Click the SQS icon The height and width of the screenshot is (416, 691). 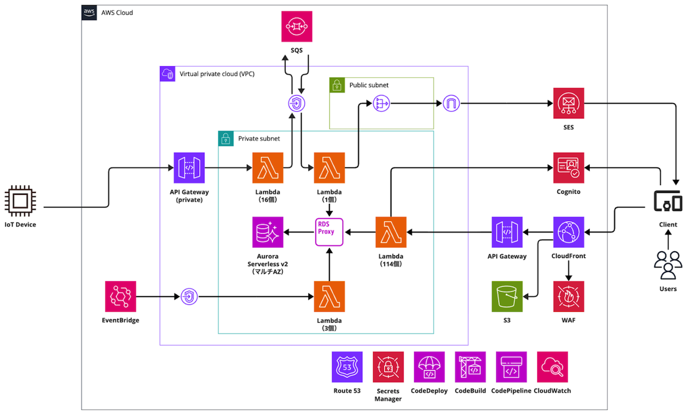[x=297, y=27]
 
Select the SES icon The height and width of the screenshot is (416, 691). [x=568, y=104]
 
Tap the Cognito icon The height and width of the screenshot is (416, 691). [x=568, y=168]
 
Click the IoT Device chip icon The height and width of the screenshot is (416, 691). [x=20, y=201]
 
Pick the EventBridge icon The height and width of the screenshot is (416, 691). [x=120, y=296]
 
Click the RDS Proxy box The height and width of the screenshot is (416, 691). [x=329, y=232]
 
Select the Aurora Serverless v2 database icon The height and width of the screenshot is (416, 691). [x=268, y=232]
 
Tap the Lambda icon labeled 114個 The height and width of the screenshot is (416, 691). [x=391, y=232]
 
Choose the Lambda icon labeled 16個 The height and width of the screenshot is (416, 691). [x=268, y=168]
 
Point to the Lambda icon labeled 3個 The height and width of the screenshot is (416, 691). [x=329, y=296]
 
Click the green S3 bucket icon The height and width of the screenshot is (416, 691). [x=507, y=296]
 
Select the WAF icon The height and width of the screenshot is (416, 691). [x=568, y=296]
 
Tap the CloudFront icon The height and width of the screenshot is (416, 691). [x=568, y=232]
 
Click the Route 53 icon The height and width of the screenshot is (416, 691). [x=347, y=367]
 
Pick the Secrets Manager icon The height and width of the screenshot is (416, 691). [x=388, y=367]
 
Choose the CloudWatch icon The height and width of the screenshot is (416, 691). [x=552, y=367]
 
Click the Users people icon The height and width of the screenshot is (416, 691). [x=668, y=266]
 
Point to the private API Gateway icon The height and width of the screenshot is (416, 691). [x=189, y=168]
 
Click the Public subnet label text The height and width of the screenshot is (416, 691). [x=369, y=85]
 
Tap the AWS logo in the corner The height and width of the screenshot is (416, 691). [x=89, y=13]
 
